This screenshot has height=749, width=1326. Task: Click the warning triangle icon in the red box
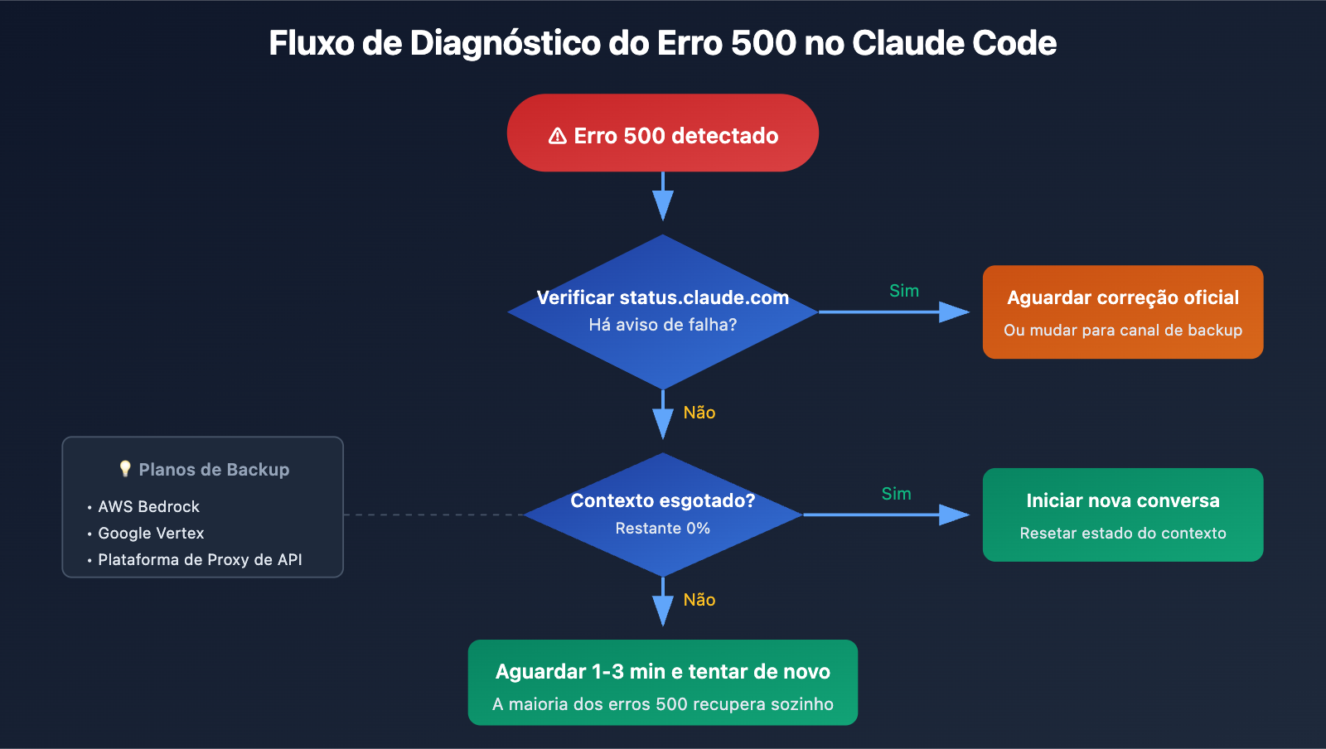tap(558, 136)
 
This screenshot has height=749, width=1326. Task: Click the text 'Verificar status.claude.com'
tap(662, 297)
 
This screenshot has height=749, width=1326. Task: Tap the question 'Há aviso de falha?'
tap(662, 325)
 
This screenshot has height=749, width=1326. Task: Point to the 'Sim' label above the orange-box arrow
tap(903, 291)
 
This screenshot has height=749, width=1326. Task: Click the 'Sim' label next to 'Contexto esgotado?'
tap(896, 494)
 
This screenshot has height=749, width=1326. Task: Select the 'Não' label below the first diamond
tap(699, 413)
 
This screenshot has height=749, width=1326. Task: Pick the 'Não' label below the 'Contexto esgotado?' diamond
tap(699, 600)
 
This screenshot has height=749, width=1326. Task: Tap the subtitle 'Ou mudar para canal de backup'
tap(1122, 330)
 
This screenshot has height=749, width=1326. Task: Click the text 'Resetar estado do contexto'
tap(1122, 533)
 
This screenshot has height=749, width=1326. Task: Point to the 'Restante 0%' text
tap(662, 528)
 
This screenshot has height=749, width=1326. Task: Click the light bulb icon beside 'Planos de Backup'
tap(125, 469)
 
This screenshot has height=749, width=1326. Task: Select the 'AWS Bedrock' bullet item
tap(148, 506)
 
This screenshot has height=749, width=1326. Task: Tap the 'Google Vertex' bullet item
tap(151, 533)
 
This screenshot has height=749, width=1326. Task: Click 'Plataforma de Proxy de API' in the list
tap(200, 559)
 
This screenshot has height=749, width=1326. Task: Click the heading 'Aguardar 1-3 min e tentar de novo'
tap(662, 671)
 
